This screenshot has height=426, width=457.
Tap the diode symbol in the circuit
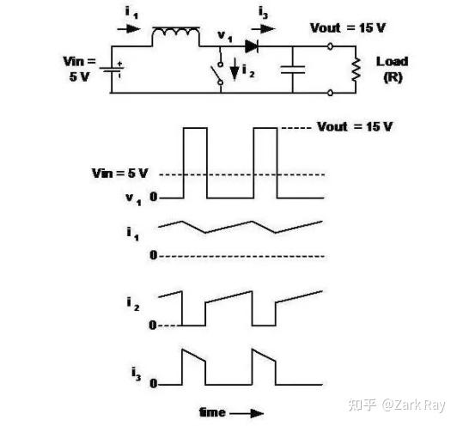coord(252,46)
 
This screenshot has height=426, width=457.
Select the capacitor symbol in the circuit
coord(293,70)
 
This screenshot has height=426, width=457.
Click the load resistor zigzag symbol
coord(356,70)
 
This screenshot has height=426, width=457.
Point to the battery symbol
coord(112,70)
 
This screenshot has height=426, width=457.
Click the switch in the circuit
coord(217,73)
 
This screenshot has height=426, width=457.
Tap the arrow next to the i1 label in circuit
coord(129,29)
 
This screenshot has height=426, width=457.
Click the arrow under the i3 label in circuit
coord(263,29)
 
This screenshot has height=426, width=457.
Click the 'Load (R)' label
coord(393,70)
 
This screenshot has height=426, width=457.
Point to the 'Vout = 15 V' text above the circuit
coord(348,28)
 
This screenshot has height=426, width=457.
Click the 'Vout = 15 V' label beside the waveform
coord(355,127)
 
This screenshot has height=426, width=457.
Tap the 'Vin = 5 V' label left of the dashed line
coord(119,173)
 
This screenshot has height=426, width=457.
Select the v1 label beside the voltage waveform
coord(133,198)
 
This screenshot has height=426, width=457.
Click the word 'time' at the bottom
coord(212,412)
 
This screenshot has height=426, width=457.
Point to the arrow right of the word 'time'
coord(247,413)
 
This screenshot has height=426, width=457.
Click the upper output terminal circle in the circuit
coord(330,46)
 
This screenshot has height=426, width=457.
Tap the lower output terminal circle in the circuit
coord(330,93)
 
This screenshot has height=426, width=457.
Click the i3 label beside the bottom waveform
coord(136,374)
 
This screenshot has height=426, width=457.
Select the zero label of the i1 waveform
coord(153,255)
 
